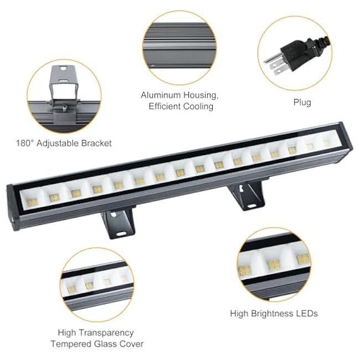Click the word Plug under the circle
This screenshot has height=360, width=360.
coord(302,102)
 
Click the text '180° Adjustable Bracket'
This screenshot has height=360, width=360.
coord(64,143)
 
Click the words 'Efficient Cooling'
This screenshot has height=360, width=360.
coord(181,106)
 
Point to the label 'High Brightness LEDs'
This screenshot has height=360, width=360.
coord(274,313)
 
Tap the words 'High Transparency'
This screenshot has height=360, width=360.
coord(96,332)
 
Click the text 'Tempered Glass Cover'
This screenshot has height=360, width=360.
coord(97,344)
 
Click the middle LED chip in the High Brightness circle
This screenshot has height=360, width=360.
coord(274,265)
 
